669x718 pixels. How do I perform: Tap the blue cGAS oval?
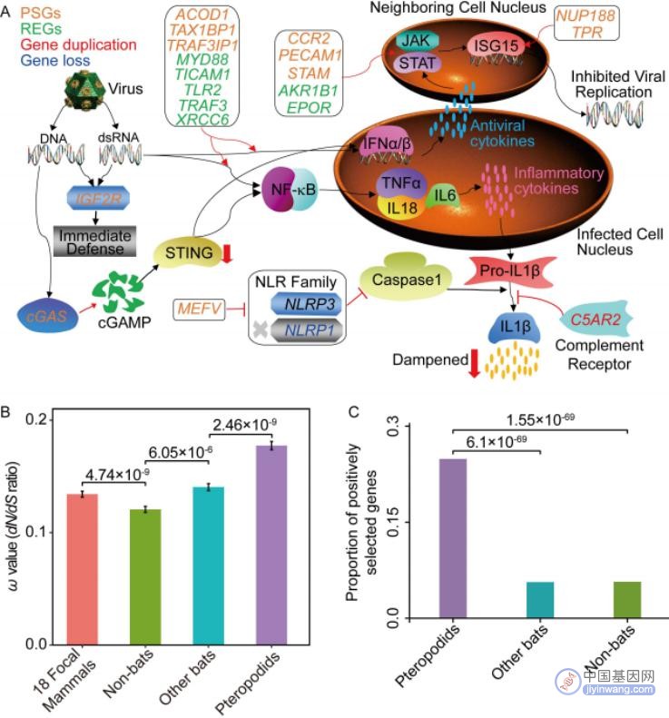pos(47,316)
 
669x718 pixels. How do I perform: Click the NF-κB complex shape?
pos(290,189)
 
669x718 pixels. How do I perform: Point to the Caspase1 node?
pos(406,277)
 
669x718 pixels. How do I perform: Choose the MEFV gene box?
pos(199,309)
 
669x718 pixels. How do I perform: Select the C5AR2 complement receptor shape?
pos(595,320)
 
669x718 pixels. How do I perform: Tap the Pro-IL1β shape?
pos(509,270)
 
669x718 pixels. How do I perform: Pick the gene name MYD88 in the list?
pos(202,59)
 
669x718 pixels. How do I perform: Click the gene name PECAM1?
pos(310,55)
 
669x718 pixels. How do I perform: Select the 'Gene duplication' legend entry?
pos(78,44)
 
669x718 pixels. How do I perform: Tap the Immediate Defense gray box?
pos(94,241)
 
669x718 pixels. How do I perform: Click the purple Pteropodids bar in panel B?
pos(271,545)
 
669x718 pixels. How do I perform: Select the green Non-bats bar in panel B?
pos(145,577)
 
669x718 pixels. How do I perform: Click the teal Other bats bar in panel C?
pos(540,600)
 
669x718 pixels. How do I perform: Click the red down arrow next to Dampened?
pos(475,363)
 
